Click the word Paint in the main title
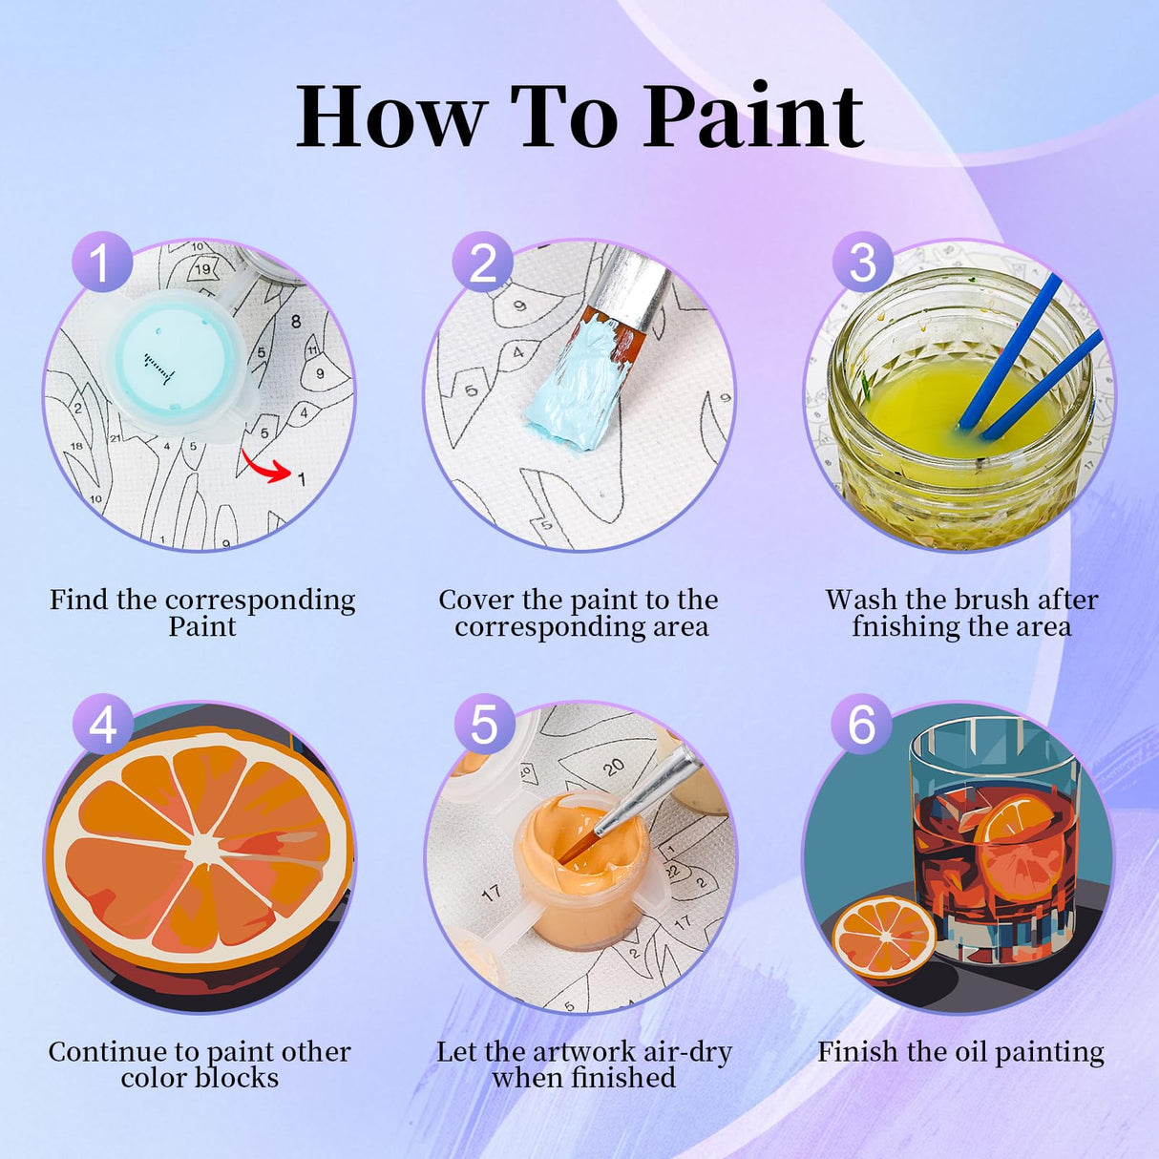point(754,116)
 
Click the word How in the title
point(391,116)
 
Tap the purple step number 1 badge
point(101,262)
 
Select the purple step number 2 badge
point(483,262)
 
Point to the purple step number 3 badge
point(863,262)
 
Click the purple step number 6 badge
point(862,724)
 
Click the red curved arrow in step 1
point(265,467)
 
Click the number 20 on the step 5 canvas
point(614,766)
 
